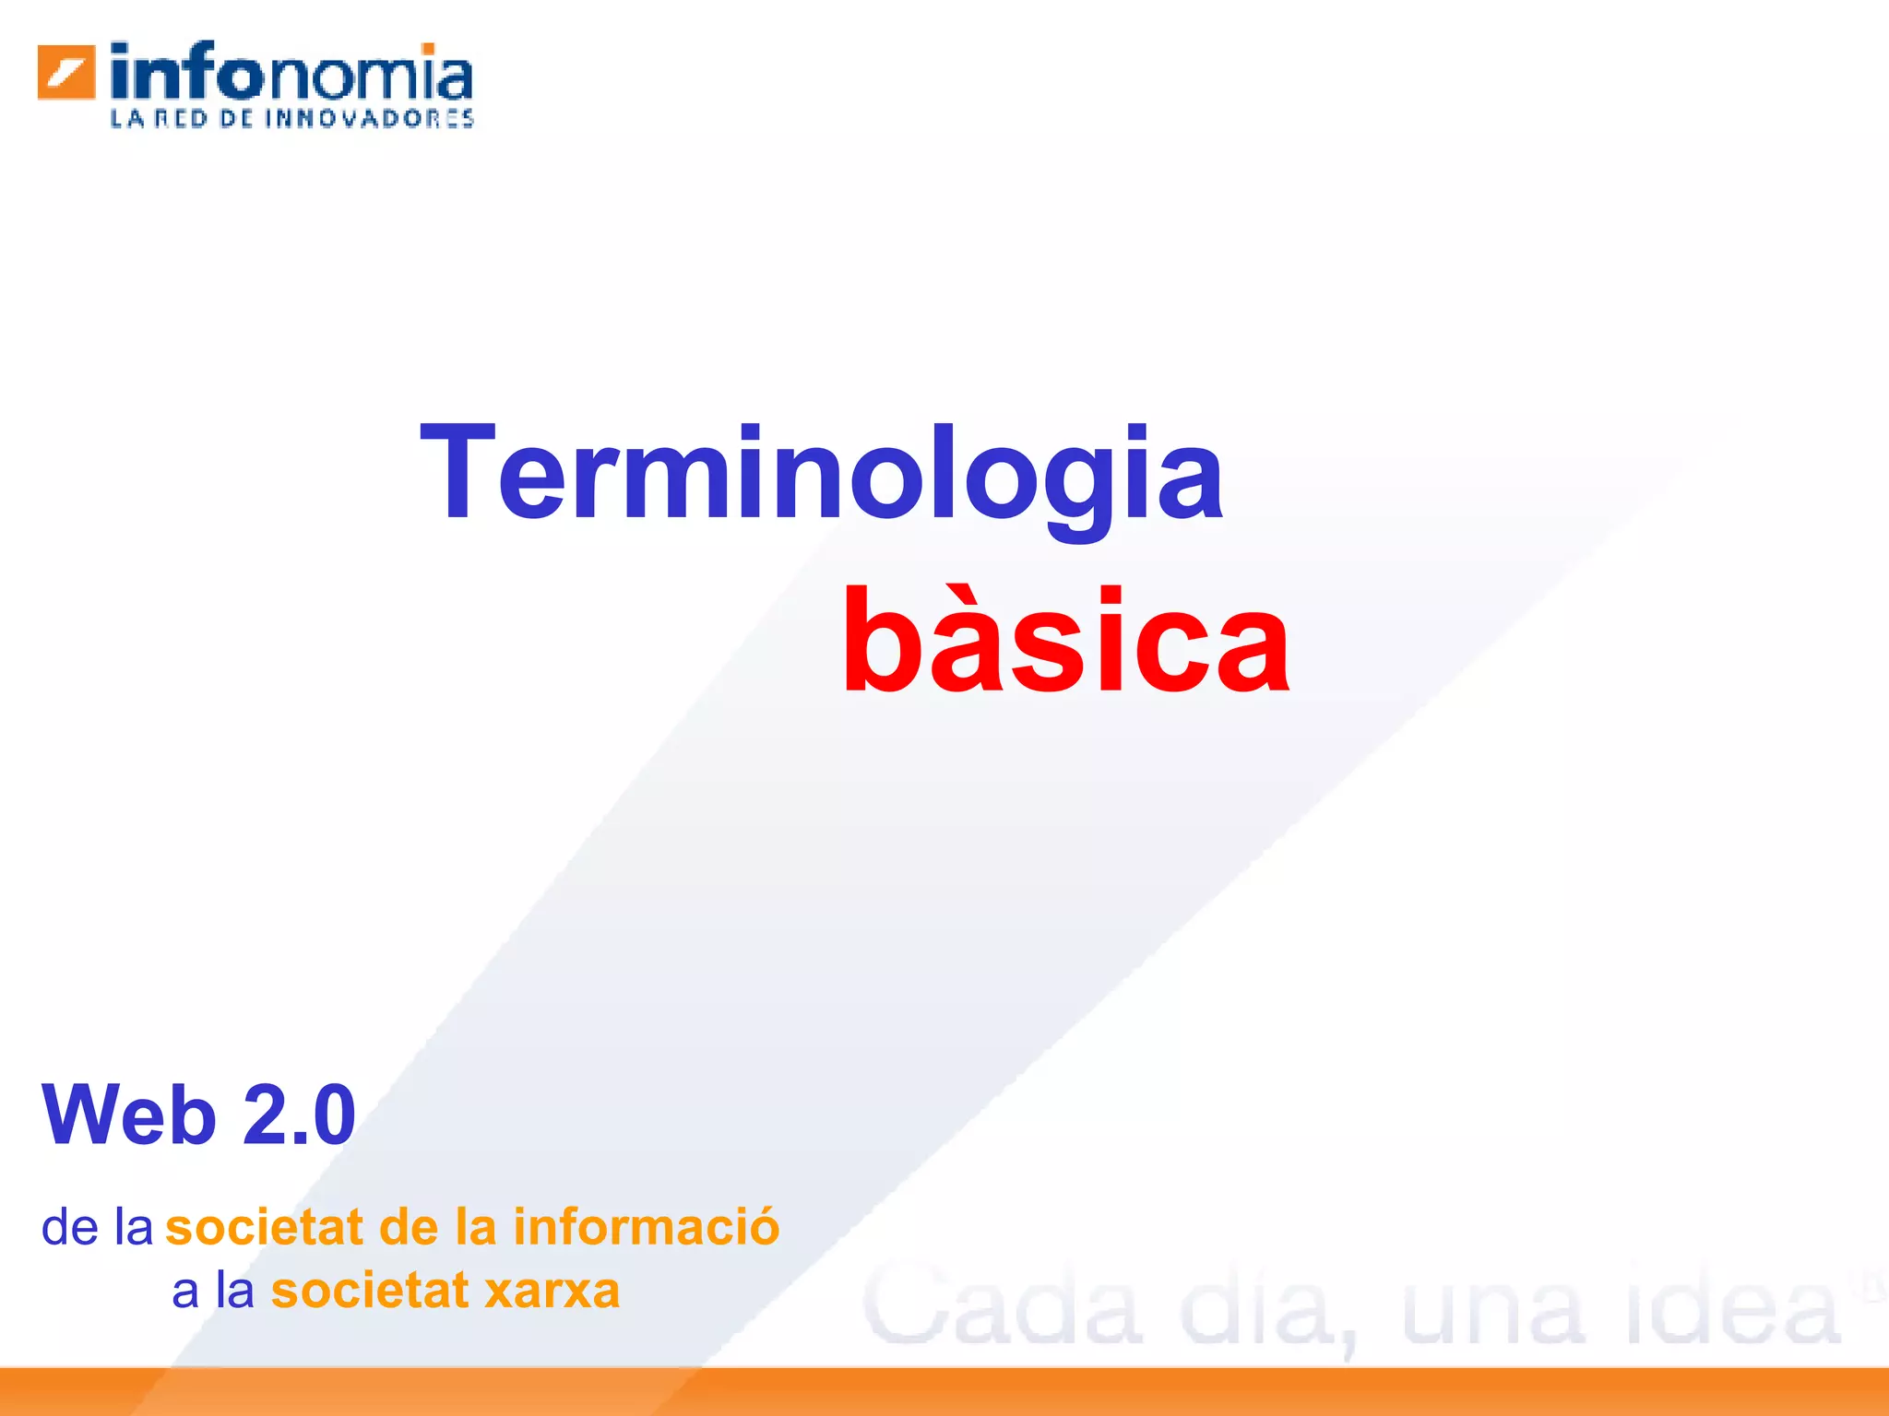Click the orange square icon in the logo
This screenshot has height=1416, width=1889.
pyautogui.click(x=66, y=72)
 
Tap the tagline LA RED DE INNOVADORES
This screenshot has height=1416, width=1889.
pyautogui.click(x=291, y=119)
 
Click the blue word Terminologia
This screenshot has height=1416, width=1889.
pyautogui.click(x=821, y=475)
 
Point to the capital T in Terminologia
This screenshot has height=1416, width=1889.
pyautogui.click(x=457, y=472)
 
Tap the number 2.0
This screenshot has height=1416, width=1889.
pyautogui.click(x=300, y=1115)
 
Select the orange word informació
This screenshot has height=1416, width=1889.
pyautogui.click(x=647, y=1228)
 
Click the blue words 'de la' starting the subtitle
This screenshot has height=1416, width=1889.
pyautogui.click(x=97, y=1228)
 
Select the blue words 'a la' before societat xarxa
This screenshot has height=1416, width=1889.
pyautogui.click(x=213, y=1291)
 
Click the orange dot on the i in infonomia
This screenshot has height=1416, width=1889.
pyautogui.click(x=428, y=48)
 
